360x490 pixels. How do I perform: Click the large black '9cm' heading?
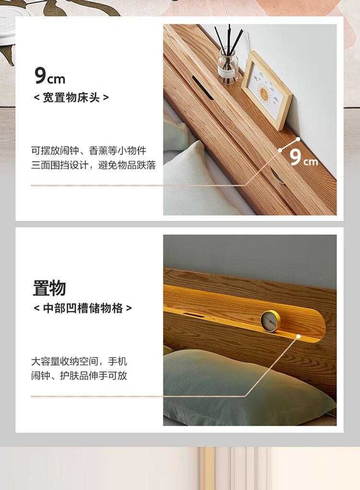coord(50,76)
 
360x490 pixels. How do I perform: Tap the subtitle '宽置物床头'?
coord(71,97)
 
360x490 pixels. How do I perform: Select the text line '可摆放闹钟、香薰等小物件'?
coord(88,151)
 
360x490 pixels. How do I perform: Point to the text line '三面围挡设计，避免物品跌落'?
coord(93,165)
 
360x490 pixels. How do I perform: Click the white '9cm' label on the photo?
coord(303,157)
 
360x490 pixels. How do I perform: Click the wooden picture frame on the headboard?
coord(266,91)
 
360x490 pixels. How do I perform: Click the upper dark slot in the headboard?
coord(203,88)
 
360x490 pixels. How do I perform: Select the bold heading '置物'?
coord(49,288)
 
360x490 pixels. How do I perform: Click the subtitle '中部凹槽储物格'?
coord(83,308)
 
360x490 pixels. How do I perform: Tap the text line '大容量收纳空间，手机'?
coord(79,361)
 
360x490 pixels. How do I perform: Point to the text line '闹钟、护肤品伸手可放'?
coord(79,375)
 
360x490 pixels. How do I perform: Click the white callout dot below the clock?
coord(299,336)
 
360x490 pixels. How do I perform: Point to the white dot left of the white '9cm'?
coord(280,150)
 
